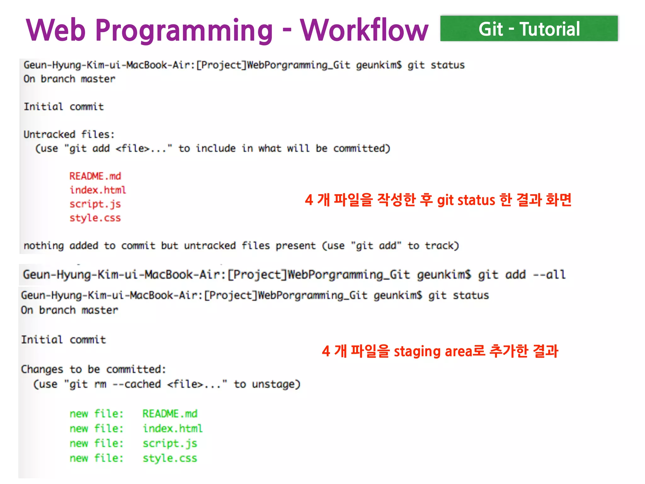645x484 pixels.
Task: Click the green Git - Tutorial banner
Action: (529, 29)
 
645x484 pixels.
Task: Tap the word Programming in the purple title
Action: (184, 31)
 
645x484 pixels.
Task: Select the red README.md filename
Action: (95, 176)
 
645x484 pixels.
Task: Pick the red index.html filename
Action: (98, 190)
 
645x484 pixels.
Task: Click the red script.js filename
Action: (95, 204)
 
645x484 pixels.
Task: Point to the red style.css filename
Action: (95, 218)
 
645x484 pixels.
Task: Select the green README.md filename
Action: (170, 413)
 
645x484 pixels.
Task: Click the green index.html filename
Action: (173, 428)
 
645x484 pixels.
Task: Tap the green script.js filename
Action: (170, 443)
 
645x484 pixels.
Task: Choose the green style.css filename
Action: (170, 458)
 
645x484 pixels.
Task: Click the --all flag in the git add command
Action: (549, 274)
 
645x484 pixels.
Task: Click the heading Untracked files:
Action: (69, 135)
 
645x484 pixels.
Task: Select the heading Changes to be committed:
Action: (93, 369)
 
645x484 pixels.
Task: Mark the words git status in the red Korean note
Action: (466, 200)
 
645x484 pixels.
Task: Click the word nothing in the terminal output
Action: (44, 245)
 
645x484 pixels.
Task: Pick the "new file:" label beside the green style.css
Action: (96, 458)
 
